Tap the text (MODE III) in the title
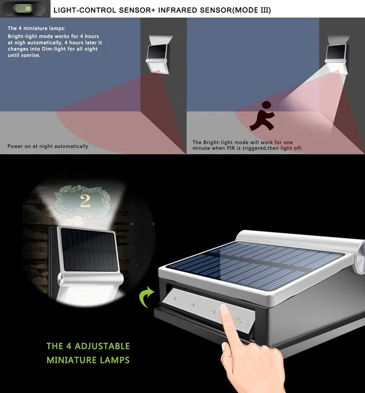coord(253,10)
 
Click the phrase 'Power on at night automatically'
coord(48,146)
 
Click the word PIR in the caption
coord(231,148)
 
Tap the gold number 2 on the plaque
coord(85,201)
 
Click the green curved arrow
coord(146,297)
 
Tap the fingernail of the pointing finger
coord(224,309)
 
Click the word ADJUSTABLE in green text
coord(102,346)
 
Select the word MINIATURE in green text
coord(72,360)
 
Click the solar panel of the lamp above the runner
coord(336,52)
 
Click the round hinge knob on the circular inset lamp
coord(61,279)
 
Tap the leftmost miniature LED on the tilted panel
coord(174,299)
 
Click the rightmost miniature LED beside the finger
coord(237,320)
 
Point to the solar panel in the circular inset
coord(89,250)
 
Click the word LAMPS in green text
coord(115,360)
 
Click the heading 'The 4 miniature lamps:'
coord(36,28)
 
